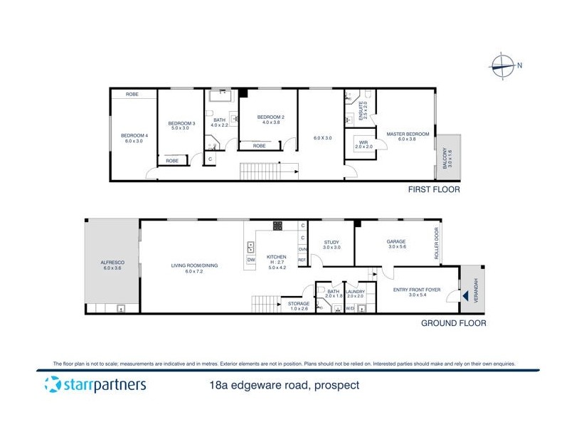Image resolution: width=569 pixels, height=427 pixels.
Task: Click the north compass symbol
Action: click(x=502, y=65)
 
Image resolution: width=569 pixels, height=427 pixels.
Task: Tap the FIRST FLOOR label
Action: click(x=434, y=190)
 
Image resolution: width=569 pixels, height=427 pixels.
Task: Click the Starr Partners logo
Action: click(x=95, y=385)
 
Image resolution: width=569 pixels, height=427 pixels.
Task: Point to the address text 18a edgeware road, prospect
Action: click(x=281, y=386)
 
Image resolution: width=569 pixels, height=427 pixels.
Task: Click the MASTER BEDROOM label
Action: click(x=408, y=134)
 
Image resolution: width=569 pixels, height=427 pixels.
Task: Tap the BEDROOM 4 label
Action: click(x=134, y=136)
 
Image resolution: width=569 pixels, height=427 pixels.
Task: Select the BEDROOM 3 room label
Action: click(x=181, y=124)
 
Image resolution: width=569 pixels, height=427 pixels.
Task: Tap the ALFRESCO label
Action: click(x=113, y=263)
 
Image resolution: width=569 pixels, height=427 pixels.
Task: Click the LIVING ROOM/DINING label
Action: click(x=194, y=265)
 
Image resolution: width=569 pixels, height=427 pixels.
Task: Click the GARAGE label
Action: click(x=396, y=241)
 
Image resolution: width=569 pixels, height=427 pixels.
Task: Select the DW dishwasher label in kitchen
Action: click(x=251, y=260)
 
